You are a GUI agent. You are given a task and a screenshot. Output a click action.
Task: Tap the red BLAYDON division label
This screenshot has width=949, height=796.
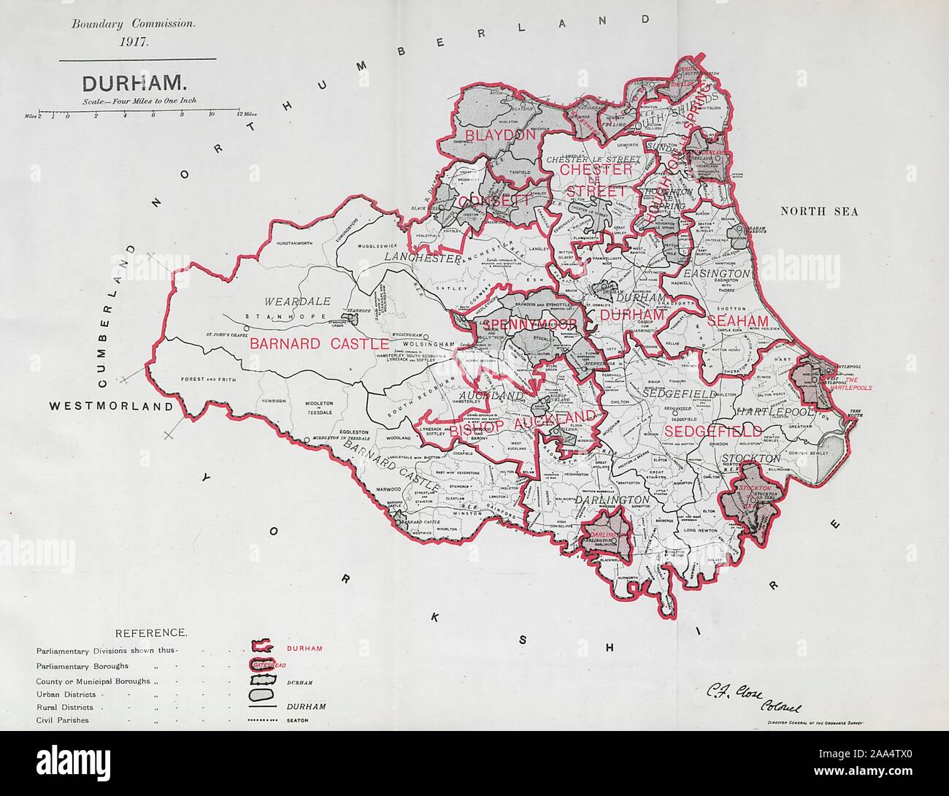point(490,137)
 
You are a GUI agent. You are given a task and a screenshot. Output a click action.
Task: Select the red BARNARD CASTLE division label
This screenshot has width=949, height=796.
point(319,343)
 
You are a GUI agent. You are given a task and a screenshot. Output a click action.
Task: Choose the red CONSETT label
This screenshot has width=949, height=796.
point(488,200)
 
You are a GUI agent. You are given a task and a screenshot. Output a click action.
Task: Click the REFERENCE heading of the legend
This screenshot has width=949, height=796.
point(151,632)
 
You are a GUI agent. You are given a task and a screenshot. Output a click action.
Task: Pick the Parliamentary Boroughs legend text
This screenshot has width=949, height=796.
point(82,666)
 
